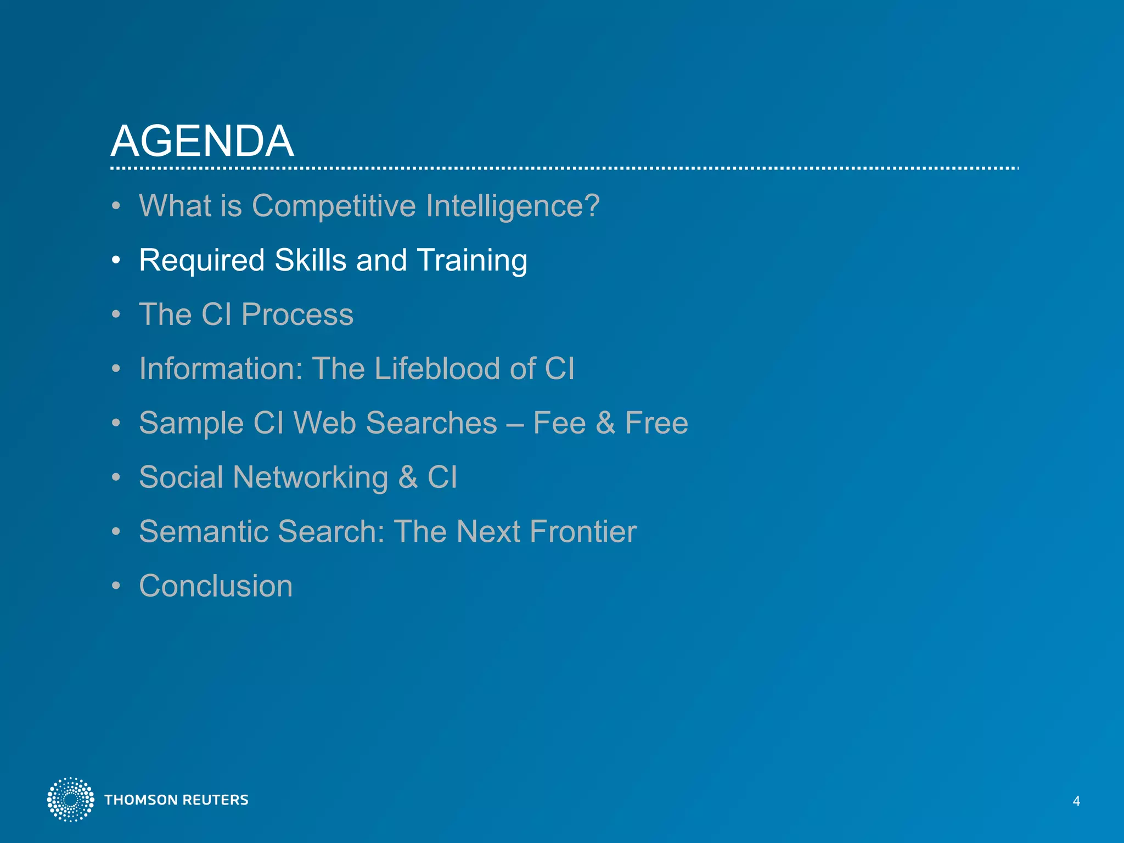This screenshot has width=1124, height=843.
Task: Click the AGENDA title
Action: coord(202,141)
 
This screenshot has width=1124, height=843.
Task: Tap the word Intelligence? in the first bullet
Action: coord(513,206)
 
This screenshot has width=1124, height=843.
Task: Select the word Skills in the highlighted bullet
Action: coord(310,260)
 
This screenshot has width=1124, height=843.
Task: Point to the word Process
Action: coord(297,315)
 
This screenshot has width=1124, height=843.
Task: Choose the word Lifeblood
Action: coord(437,368)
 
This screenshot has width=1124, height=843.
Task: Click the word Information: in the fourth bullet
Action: coord(221,368)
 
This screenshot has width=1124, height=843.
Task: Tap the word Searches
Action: coord(431,423)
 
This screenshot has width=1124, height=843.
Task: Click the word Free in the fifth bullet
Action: coord(656,423)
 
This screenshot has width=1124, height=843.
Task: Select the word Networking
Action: coord(310,477)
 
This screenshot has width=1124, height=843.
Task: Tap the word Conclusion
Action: coord(216,586)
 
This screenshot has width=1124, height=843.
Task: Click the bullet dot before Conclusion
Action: coord(115,586)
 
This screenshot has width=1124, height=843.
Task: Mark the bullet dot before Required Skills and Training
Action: coord(115,260)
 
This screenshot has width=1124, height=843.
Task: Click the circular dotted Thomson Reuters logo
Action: coord(70,800)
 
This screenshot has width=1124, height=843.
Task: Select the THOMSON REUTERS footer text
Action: coord(176,800)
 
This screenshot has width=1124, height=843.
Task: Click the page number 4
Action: coord(1076,801)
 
